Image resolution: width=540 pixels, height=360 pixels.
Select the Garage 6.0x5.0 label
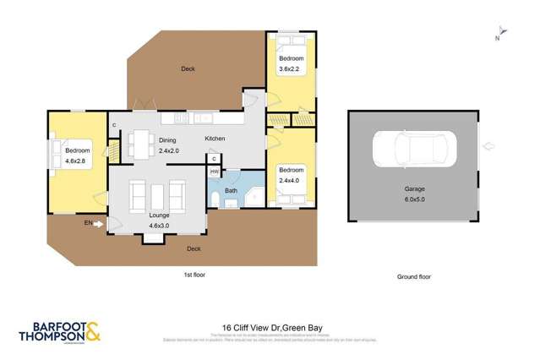coord(412,195)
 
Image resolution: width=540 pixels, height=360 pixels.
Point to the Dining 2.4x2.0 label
coord(170,146)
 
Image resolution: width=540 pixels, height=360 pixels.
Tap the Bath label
coord(231,191)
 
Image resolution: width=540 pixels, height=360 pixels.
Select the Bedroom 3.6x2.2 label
coord(292,63)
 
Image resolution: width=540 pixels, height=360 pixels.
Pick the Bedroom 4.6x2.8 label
coord(77,155)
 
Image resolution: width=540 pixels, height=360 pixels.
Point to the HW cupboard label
coord(215,172)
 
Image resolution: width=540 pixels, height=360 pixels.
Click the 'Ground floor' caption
coord(414,276)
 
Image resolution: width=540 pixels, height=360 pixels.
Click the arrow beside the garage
coord(488,146)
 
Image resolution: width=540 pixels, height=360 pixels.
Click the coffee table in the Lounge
coord(157,196)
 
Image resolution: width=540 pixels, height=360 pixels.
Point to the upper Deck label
coord(188,68)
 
